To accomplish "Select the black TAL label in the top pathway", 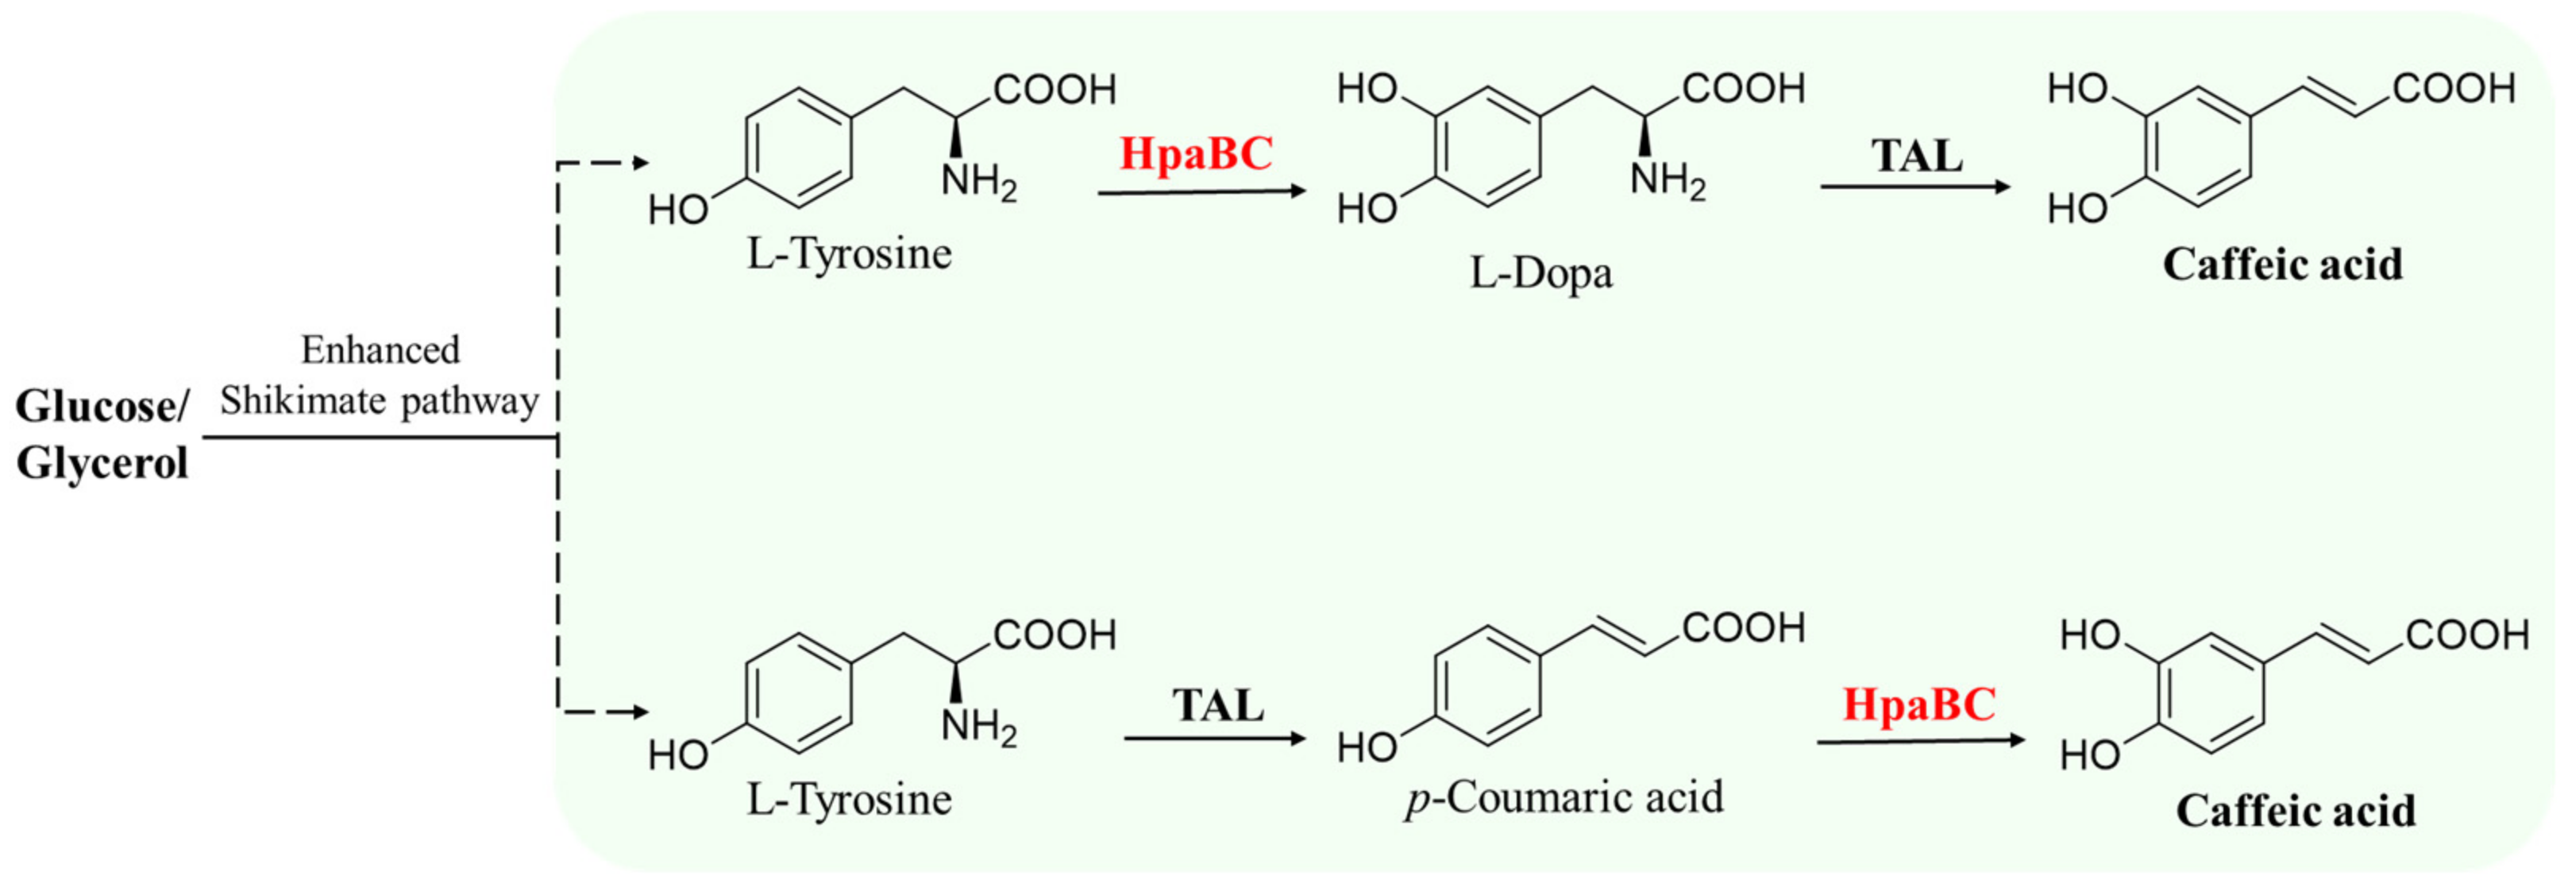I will [x=1916, y=156].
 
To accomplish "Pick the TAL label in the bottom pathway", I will [x=1217, y=706].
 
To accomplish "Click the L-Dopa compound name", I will [x=1541, y=273].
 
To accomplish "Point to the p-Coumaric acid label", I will [x=1564, y=797].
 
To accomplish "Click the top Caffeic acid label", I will [x=2282, y=265].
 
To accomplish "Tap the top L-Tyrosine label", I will [x=850, y=254].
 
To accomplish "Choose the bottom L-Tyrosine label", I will [x=850, y=800].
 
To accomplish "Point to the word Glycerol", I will [x=102, y=464].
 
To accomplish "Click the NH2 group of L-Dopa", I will [x=1667, y=181].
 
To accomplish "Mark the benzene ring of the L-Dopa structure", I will [x=1487, y=148].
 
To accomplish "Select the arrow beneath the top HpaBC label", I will [x=1201, y=191].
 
